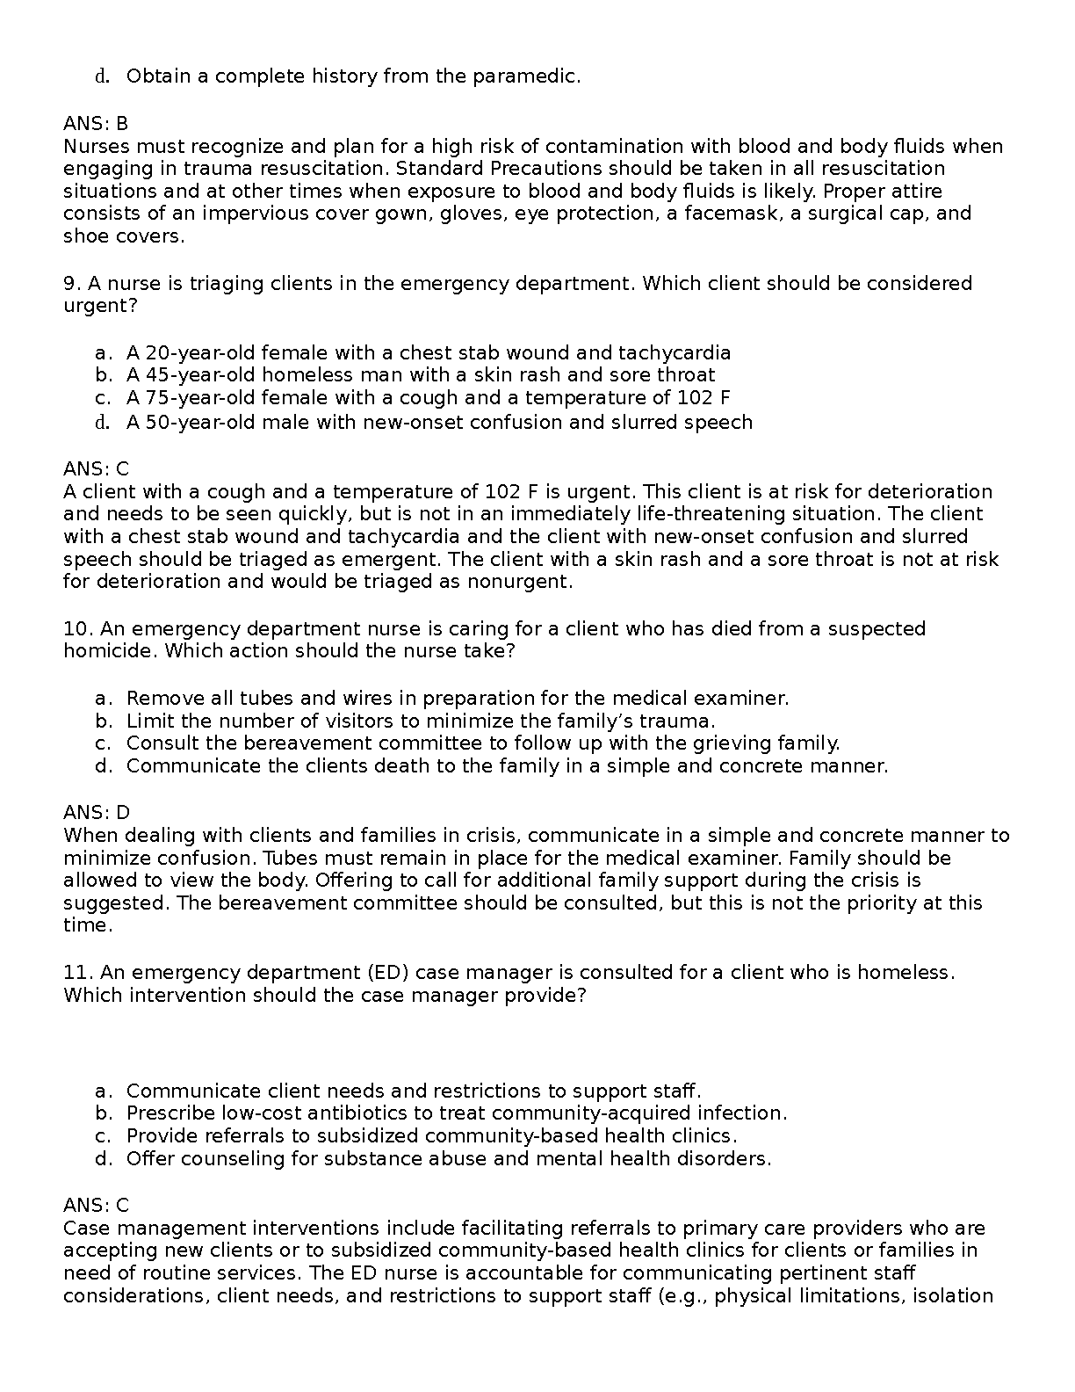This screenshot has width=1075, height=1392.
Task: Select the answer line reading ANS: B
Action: coord(96,124)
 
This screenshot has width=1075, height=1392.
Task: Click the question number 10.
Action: coord(76,629)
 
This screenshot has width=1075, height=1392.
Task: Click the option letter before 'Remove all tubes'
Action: coord(103,699)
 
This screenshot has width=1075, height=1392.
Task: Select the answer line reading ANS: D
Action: coord(96,813)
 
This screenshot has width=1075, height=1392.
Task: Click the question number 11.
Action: coord(76,973)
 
